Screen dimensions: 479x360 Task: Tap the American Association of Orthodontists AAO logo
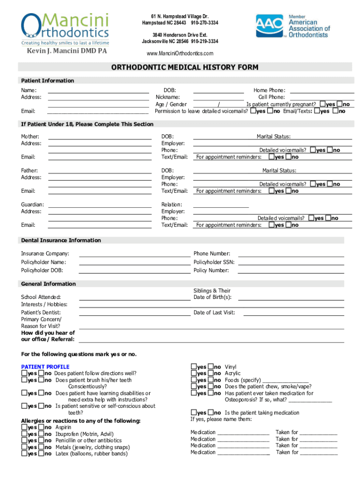(293, 26)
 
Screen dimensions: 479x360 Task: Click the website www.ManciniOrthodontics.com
(180, 53)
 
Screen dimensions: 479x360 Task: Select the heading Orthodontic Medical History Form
(184, 67)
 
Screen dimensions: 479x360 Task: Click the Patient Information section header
(47, 80)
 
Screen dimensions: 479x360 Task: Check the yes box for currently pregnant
(323, 104)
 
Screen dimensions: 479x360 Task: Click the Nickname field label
(168, 97)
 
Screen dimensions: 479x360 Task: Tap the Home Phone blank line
(322, 90)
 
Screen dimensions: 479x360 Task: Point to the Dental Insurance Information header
(61, 240)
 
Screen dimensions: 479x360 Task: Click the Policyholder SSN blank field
(291, 262)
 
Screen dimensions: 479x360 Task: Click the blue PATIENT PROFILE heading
(45, 367)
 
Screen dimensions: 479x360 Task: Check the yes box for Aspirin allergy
(24, 427)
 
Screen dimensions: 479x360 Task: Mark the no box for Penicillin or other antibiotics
(41, 440)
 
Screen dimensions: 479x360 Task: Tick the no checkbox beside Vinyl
(211, 367)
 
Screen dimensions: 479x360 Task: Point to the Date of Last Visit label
(214, 312)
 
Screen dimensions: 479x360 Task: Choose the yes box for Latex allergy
(24, 453)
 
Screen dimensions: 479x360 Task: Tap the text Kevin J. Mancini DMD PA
(66, 51)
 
